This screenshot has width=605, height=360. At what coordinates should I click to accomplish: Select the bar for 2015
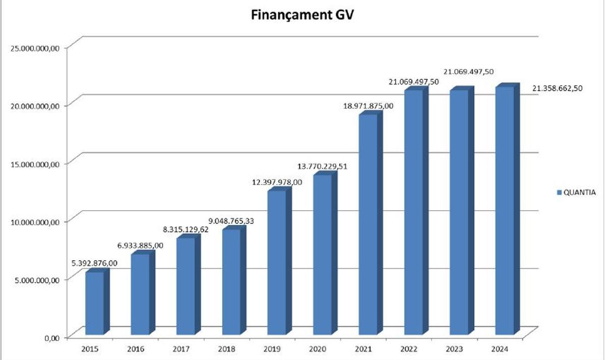coord(94,303)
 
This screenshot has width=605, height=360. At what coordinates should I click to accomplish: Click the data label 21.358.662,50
coord(558,88)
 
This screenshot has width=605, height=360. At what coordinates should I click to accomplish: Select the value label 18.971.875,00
coord(368,106)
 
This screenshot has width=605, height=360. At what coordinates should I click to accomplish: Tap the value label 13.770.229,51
coord(322,166)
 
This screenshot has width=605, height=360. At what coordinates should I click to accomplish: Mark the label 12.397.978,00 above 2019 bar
coord(277,182)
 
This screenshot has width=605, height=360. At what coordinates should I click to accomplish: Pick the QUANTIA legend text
coord(580,192)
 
